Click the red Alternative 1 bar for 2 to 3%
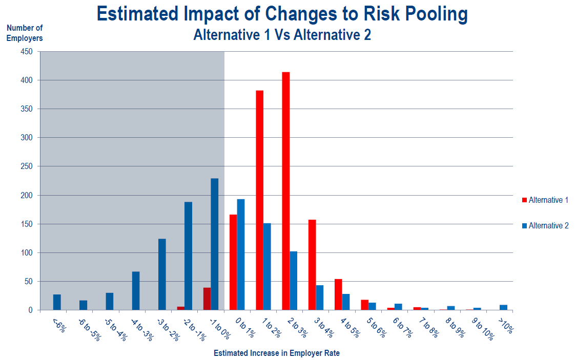pyautogui.click(x=286, y=191)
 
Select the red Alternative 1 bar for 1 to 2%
pyautogui.click(x=260, y=200)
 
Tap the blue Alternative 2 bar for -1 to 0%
pyautogui.click(x=215, y=244)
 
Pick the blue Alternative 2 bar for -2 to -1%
pyautogui.click(x=188, y=256)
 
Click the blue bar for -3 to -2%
pyautogui.click(x=162, y=274)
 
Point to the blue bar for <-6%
pyautogui.click(x=57, y=302)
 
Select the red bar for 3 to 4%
pyautogui.click(x=312, y=265)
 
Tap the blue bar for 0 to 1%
pyautogui.click(x=241, y=255)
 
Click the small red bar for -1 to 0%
pyautogui.click(x=207, y=299)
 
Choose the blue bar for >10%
pyautogui.click(x=504, y=308)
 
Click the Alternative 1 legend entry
pyautogui.click(x=545, y=200)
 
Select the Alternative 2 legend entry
pyautogui.click(x=545, y=226)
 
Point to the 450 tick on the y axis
pyautogui.click(x=27, y=52)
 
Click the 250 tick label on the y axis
pyautogui.click(x=27, y=166)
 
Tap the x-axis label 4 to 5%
pyautogui.click(x=350, y=328)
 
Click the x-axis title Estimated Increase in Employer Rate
pyautogui.click(x=277, y=353)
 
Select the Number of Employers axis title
pyautogui.click(x=25, y=33)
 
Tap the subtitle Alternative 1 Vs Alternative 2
pyautogui.click(x=282, y=35)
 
